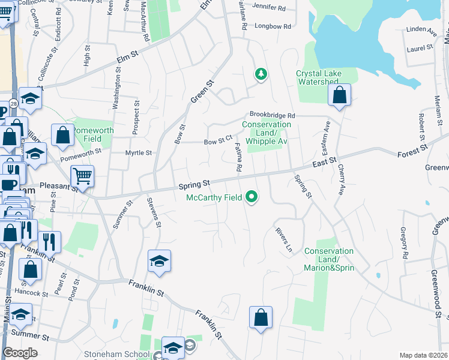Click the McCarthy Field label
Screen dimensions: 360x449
(214, 197)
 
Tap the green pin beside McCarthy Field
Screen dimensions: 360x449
(253, 196)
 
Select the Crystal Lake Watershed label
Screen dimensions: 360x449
(319, 78)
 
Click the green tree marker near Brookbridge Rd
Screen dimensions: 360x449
(261, 74)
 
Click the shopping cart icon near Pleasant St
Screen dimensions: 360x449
(82, 176)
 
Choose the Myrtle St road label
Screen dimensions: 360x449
(138, 153)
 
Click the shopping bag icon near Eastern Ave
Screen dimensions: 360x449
(339, 95)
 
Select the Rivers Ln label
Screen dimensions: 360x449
(284, 239)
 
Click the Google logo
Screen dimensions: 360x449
(20, 353)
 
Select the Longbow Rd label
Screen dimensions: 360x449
(273, 26)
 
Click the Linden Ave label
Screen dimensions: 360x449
(420, 29)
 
